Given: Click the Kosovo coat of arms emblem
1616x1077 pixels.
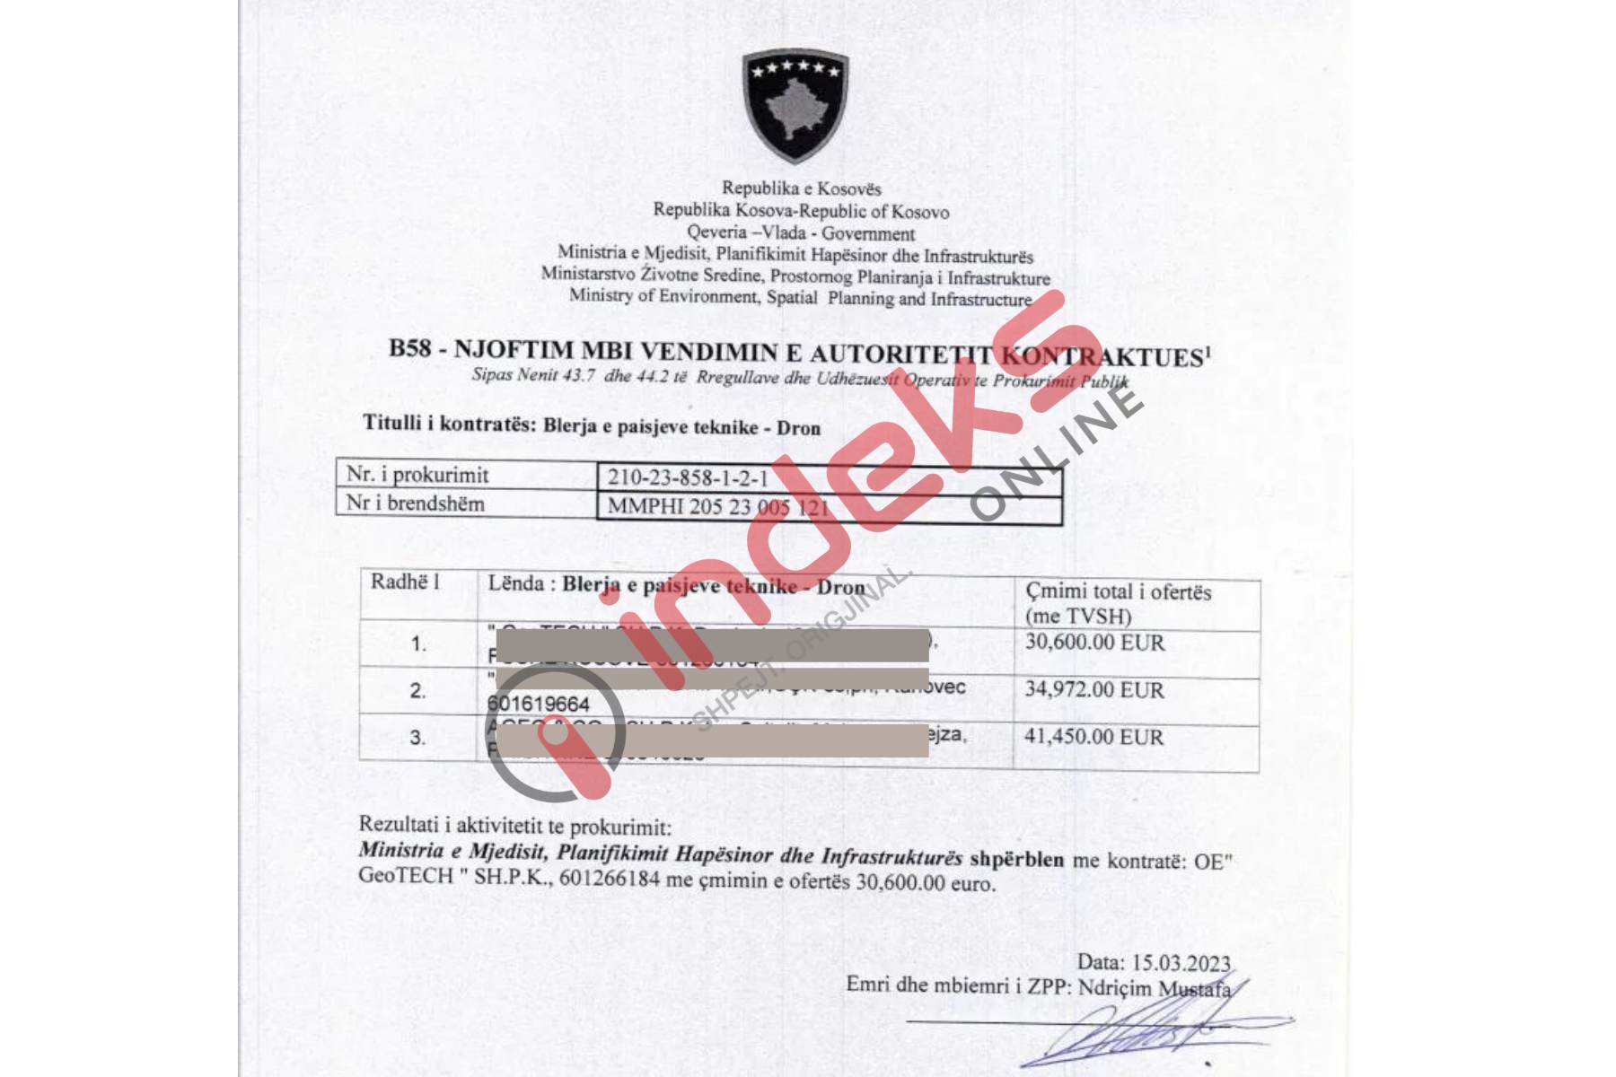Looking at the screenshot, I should (795, 105).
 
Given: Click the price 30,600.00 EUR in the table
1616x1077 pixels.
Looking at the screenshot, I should (1094, 643).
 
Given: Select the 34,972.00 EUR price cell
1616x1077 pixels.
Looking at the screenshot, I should (1094, 690).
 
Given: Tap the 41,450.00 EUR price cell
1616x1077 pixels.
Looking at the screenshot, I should (1093, 737).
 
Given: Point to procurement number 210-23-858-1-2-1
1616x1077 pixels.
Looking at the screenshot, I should (688, 477).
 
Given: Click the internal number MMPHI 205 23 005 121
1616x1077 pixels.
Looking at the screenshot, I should (718, 507).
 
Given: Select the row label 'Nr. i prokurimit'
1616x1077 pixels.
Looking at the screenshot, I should (417, 474).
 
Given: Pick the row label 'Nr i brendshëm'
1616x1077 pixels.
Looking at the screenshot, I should (415, 503).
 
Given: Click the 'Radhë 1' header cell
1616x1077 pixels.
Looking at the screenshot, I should (405, 582).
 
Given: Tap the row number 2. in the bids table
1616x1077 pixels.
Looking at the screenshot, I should (417, 691).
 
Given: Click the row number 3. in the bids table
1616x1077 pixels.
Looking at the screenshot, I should (417, 738).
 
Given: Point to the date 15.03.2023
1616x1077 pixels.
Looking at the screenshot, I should (1181, 963).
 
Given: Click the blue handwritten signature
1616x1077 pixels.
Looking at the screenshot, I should (1158, 1032).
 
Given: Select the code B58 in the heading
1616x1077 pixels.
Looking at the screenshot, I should (409, 348).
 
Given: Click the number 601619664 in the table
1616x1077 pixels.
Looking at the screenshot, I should (538, 704).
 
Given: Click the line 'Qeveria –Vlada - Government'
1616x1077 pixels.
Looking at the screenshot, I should (801, 233).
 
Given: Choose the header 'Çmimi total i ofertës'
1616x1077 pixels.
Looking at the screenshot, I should (1118, 591).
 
